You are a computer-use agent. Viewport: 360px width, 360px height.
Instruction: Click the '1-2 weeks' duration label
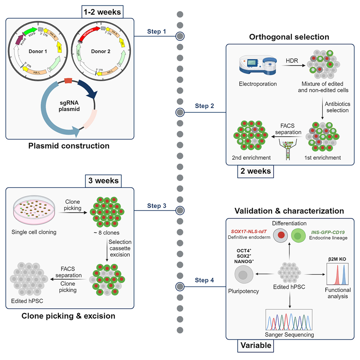[103, 12]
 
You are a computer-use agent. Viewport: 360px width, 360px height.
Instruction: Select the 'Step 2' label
[205, 106]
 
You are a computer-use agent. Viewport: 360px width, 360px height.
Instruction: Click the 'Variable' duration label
[255, 346]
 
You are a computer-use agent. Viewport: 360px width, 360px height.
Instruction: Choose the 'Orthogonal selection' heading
[289, 37]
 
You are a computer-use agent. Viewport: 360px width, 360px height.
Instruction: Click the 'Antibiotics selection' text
[332, 107]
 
